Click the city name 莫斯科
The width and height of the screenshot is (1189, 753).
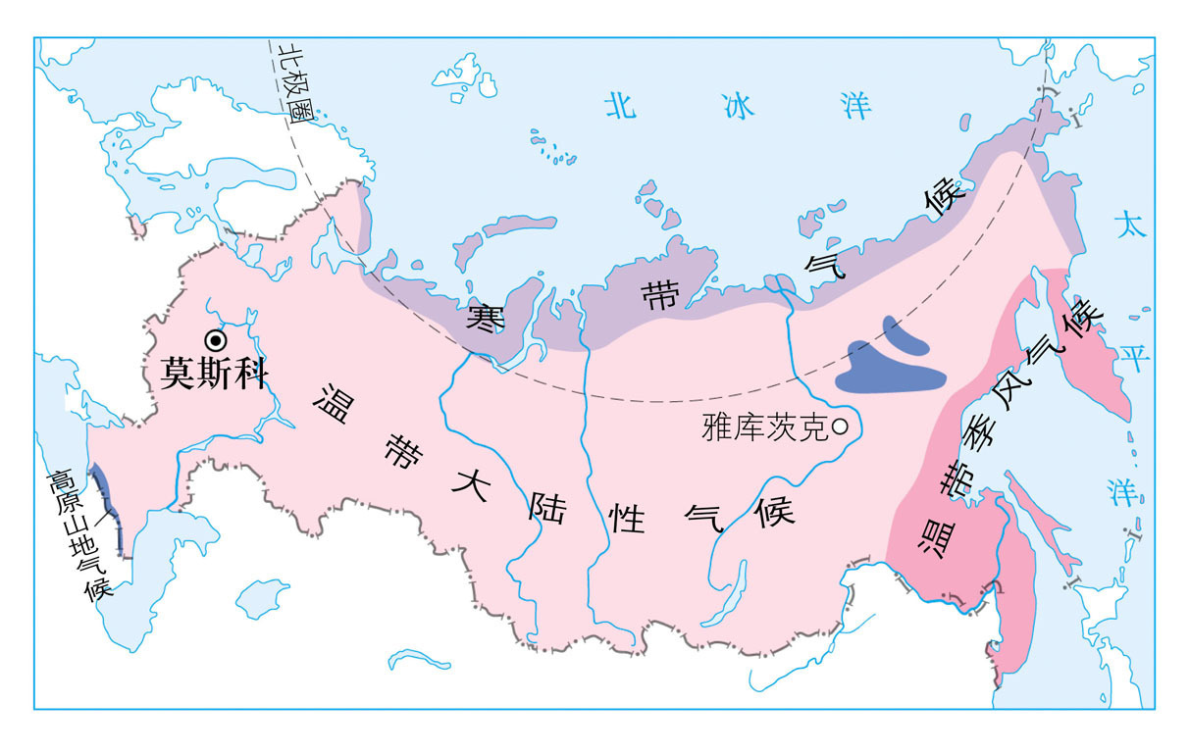(214, 374)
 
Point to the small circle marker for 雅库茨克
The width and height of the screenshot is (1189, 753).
(841, 427)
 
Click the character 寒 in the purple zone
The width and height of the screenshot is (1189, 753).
(485, 317)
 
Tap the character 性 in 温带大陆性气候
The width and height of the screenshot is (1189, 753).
(627, 520)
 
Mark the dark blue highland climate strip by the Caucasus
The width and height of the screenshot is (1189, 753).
(107, 505)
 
